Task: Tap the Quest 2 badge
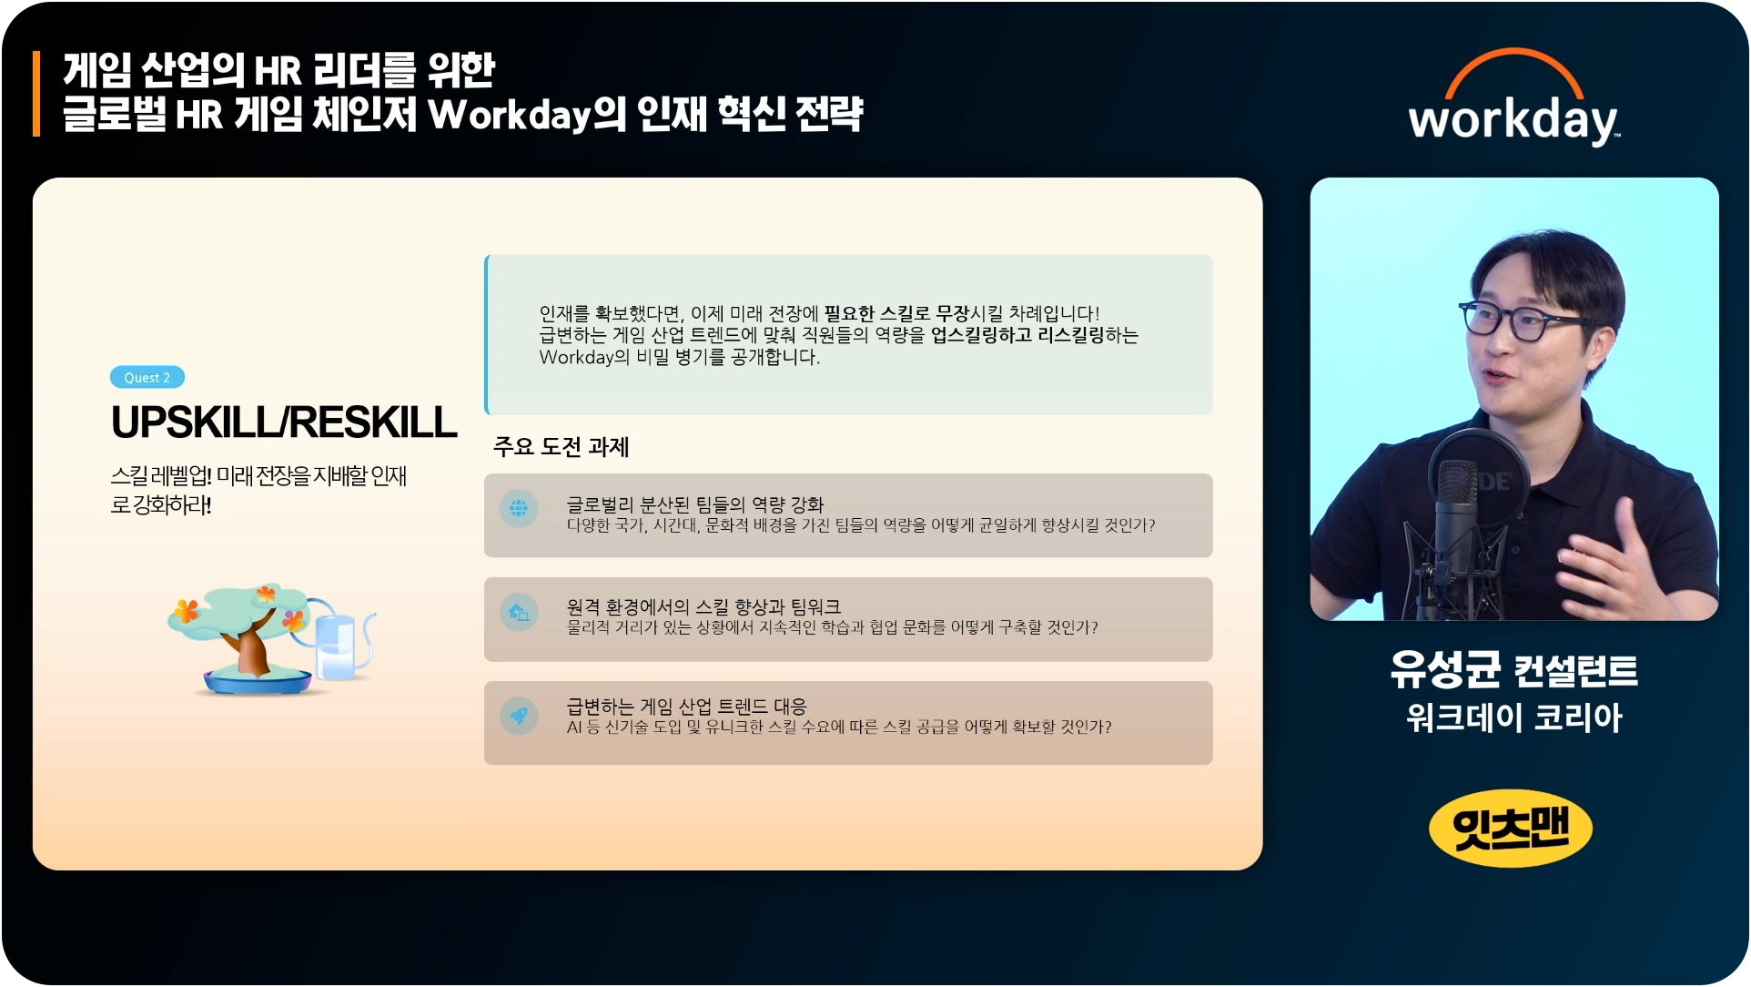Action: click(x=147, y=377)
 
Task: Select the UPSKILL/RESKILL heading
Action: click(x=284, y=422)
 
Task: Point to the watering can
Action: click(x=339, y=641)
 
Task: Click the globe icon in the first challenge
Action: click(x=519, y=508)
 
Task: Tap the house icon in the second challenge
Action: click(x=519, y=612)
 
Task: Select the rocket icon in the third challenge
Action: click(x=519, y=716)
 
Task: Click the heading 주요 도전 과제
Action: click(x=561, y=447)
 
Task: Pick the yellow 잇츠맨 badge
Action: click(x=1511, y=828)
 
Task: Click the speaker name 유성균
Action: click(x=1445, y=670)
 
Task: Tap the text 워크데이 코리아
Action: click(x=1514, y=718)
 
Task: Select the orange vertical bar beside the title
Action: click(x=36, y=94)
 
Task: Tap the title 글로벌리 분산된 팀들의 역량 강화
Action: click(x=694, y=504)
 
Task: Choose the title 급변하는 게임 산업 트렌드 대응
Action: click(x=686, y=707)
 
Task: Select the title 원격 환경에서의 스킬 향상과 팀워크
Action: click(x=703, y=606)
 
